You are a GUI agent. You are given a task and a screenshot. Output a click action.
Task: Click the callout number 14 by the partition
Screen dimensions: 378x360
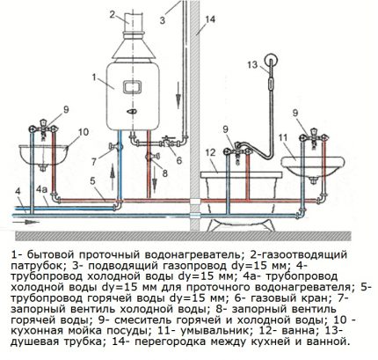(210, 19)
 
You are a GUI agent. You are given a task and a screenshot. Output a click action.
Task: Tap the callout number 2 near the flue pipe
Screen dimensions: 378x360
(113, 14)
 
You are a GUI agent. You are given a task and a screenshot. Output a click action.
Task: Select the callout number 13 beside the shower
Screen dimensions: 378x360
(252, 64)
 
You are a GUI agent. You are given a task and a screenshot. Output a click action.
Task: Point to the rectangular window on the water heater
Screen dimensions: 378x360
(132, 86)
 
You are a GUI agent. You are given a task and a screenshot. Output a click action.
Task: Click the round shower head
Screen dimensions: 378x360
(272, 61)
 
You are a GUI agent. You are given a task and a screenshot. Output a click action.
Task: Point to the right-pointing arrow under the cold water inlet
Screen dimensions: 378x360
(25, 222)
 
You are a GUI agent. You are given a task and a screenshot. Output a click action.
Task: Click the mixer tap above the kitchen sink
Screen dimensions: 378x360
(43, 129)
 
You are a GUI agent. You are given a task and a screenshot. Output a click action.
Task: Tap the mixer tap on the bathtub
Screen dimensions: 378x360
(238, 150)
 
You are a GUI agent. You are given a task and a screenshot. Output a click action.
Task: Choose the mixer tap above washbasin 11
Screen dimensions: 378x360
(313, 136)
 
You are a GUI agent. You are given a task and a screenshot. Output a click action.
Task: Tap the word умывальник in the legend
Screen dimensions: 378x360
(216, 331)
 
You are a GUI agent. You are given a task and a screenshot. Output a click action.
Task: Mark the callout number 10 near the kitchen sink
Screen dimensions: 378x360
(83, 132)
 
